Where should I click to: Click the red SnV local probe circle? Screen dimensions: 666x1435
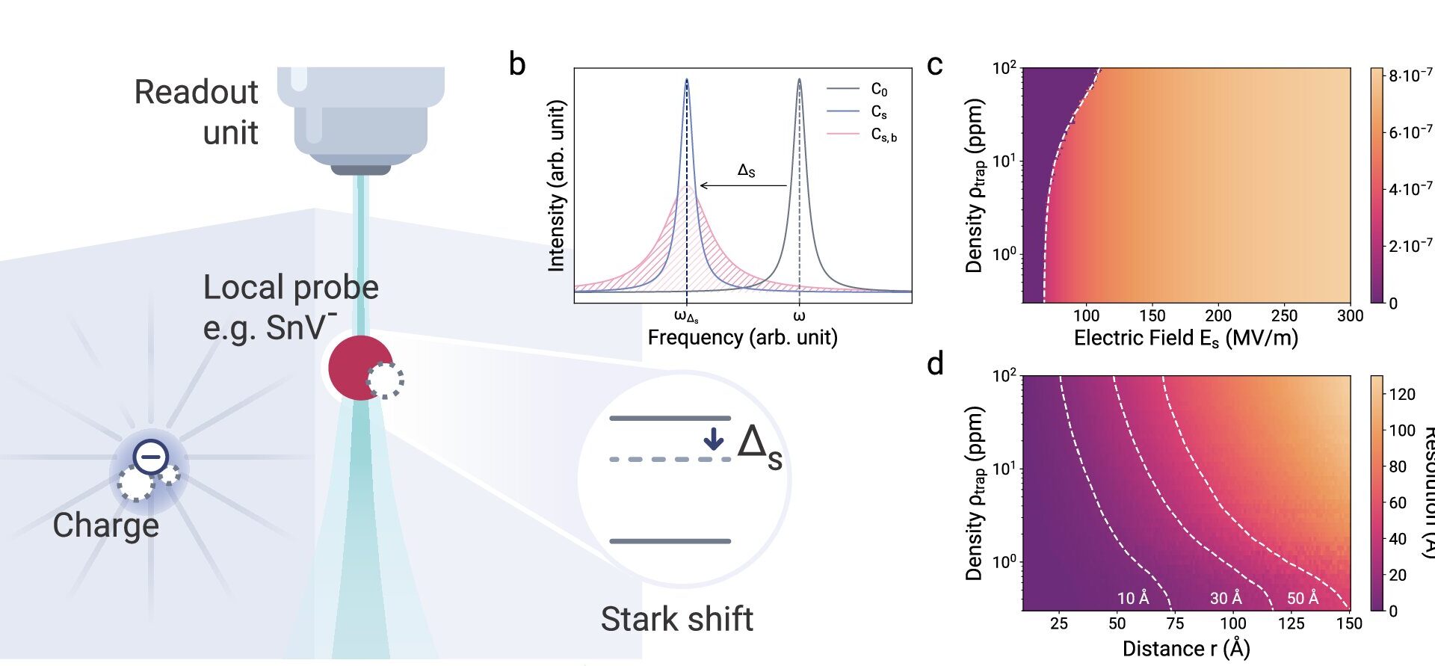[x=357, y=367]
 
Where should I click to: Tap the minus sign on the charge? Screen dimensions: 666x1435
[x=151, y=456]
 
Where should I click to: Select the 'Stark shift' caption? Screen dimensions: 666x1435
[x=676, y=619]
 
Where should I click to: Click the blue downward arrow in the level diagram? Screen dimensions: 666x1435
[x=714, y=438]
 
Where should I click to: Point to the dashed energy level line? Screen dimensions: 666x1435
[x=669, y=459]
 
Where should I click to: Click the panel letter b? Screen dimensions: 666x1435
[x=517, y=64]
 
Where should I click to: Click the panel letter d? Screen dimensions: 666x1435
[x=934, y=364]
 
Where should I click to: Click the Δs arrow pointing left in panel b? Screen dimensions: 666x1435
[x=743, y=185]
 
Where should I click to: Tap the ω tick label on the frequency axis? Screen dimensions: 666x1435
[x=799, y=315]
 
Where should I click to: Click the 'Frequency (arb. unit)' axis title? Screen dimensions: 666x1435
[x=742, y=337]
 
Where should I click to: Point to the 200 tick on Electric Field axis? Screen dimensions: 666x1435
[x=1218, y=315]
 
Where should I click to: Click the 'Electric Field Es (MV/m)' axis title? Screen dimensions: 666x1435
[x=1185, y=339]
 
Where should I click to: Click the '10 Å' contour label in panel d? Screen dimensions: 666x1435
[x=1133, y=598]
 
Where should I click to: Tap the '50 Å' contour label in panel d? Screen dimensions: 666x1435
[x=1303, y=598]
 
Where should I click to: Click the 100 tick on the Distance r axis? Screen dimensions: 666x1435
[x=1232, y=623]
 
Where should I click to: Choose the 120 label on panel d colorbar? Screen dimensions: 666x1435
[x=1402, y=394]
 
